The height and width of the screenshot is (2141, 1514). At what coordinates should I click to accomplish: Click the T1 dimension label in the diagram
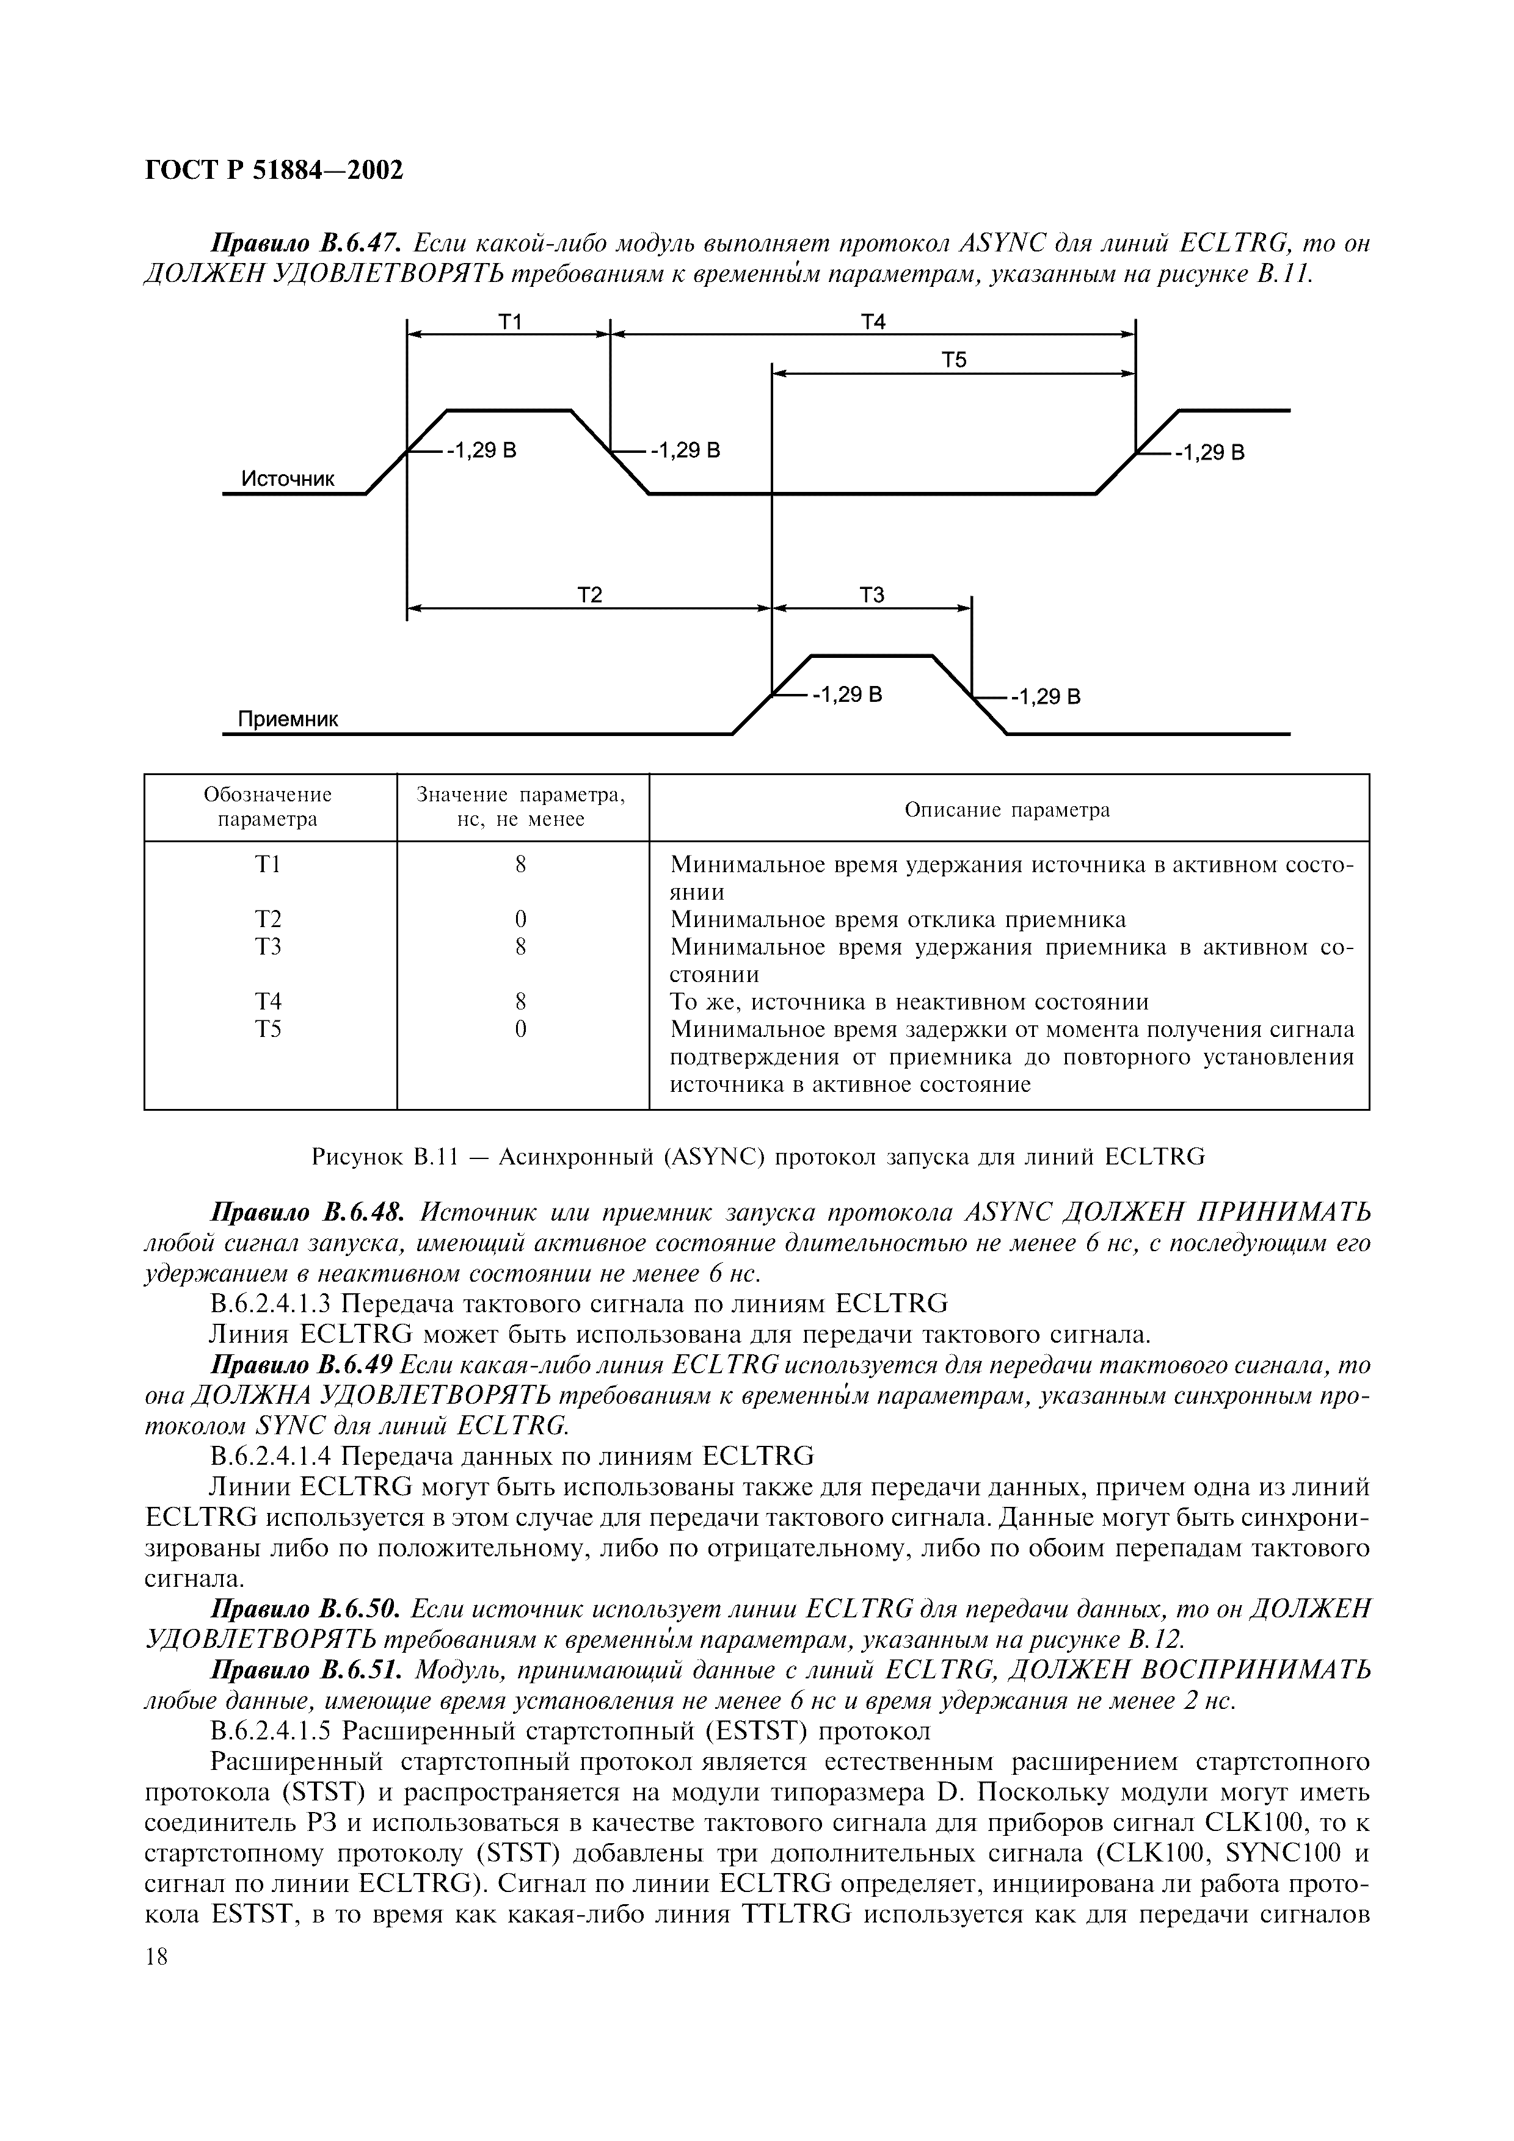(x=509, y=322)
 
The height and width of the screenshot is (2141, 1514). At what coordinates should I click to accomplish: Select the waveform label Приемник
(x=288, y=719)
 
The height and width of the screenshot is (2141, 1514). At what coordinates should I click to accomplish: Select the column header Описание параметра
(x=1008, y=809)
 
